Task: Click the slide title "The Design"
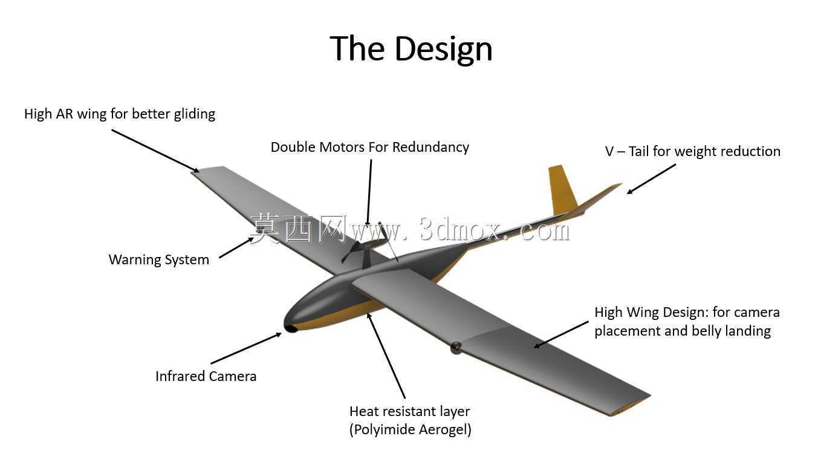click(x=411, y=49)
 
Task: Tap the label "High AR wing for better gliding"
click(x=120, y=114)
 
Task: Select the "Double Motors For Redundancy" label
click(x=369, y=147)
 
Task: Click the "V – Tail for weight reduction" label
click(x=692, y=151)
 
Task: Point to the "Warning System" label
click(x=159, y=259)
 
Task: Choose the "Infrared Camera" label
click(x=206, y=376)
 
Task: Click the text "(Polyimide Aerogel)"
click(x=411, y=429)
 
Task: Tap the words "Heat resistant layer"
click(x=409, y=412)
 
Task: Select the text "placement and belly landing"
click(x=683, y=331)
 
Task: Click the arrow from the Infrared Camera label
click(x=246, y=348)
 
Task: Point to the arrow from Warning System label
click(x=236, y=247)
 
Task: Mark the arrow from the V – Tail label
click(x=651, y=179)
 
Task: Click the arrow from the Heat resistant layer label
click(x=386, y=356)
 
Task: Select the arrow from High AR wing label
click(x=155, y=151)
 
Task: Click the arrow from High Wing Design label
click(x=561, y=334)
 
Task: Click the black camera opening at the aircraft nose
click(x=291, y=328)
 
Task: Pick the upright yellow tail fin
click(x=562, y=190)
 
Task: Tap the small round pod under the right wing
click(x=456, y=348)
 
